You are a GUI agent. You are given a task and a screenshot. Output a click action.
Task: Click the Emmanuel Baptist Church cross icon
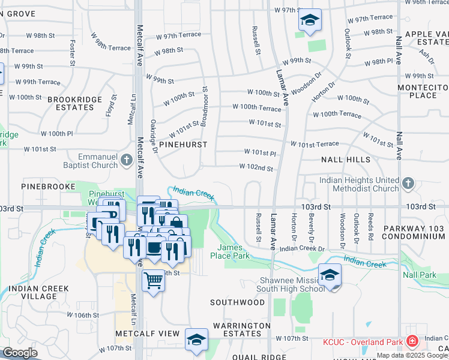coord(126,160)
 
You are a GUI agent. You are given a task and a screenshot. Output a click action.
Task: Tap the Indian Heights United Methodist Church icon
coord(408,182)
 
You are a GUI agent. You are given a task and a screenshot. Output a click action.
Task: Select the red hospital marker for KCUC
coord(412,342)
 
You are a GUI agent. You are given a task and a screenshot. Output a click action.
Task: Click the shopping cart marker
coord(154,280)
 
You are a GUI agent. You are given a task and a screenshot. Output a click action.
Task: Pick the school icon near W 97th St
coord(310,20)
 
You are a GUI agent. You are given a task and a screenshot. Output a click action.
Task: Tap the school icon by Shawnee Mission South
coord(330,275)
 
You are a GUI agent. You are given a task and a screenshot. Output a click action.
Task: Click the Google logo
coord(20,353)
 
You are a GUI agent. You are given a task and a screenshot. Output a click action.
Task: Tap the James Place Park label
coord(233,251)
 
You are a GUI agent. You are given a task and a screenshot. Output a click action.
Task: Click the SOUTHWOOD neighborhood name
coord(237,302)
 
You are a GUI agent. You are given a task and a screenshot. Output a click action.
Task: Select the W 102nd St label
coord(256,167)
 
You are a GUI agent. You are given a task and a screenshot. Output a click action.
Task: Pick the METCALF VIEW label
coord(147,333)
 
